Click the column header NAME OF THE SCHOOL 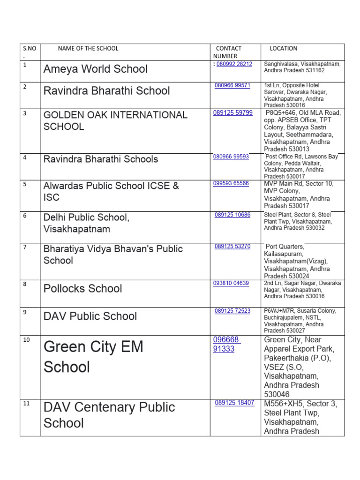(88, 48)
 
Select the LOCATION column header (283, 48)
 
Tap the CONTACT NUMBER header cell (228, 52)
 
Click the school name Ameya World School (95, 69)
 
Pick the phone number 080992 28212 (234, 64)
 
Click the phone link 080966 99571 (232, 85)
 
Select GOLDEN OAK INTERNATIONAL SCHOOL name (115, 120)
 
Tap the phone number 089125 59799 (233, 112)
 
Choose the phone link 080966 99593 (231, 157)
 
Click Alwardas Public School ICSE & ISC (111, 191)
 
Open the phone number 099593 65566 (231, 184)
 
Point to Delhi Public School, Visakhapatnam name (86, 223)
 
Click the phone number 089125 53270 (232, 246)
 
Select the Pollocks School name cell (82, 288)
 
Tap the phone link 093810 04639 (231, 283)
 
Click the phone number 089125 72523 (232, 311)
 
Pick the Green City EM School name (93, 357)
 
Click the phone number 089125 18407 (234, 403)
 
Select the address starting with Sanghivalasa (302, 67)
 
